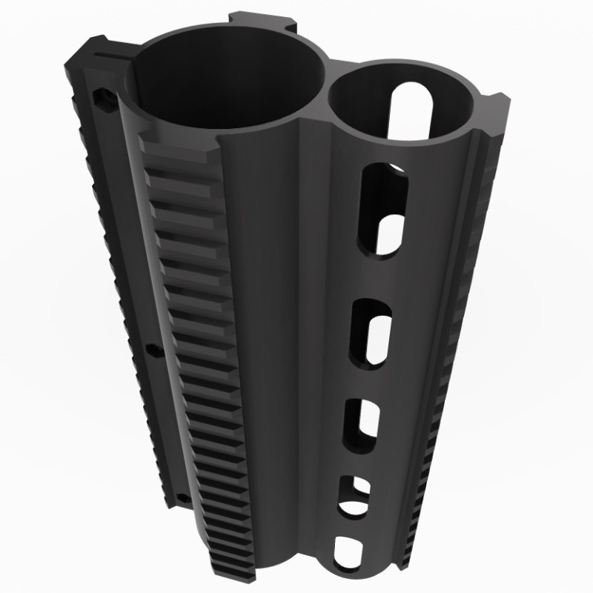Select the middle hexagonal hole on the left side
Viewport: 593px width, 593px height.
pyautogui.click(x=153, y=348)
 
